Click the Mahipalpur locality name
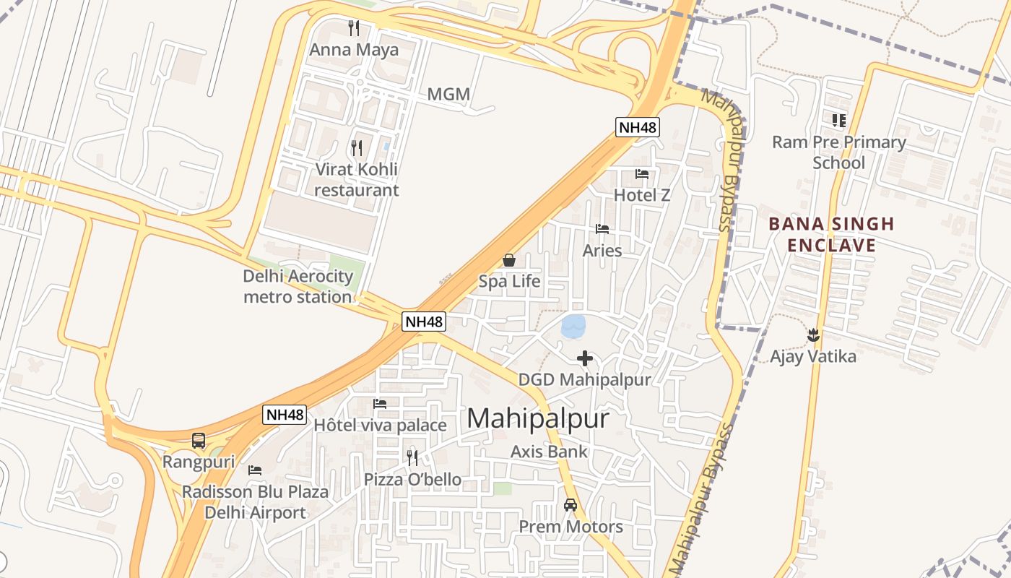538,418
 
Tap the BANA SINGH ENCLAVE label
831,234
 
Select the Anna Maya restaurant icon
354,28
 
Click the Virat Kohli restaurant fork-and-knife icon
357,148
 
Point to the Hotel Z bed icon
641,174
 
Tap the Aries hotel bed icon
602,229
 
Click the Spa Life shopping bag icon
509,260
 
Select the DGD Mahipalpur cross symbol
585,358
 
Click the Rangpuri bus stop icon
199,440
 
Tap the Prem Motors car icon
570,505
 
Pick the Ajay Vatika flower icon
813,335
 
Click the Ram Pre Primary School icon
838,120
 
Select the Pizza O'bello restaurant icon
412,457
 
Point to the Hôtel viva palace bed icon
380,404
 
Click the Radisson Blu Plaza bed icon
255,470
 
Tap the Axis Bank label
549,452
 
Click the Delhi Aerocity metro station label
298,286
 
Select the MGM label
448,94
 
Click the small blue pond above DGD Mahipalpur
573,327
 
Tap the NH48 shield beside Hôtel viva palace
285,415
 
